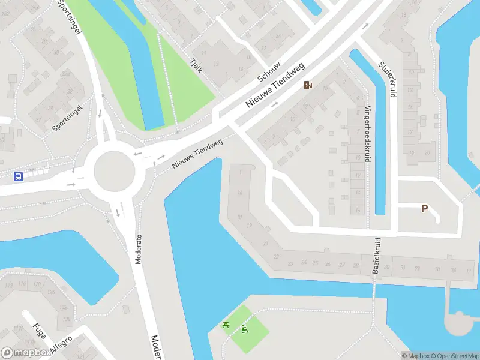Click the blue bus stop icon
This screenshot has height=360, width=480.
coord(19,176)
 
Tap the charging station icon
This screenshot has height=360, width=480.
coord(308,85)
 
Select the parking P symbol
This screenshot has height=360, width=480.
coord(424,209)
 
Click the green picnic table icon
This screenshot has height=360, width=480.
coord(226,325)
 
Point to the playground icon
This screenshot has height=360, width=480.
coord(244,329)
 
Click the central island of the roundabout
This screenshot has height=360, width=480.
coord(115,170)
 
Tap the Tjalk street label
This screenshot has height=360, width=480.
coord(196,65)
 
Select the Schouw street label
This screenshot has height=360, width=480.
coord(269,70)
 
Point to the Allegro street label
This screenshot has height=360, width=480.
coord(61,346)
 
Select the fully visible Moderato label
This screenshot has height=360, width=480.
coord(139,250)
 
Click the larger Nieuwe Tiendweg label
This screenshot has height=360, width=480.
coord(275,86)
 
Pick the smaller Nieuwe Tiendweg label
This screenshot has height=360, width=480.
coord(197,154)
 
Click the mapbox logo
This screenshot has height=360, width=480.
coord(26,353)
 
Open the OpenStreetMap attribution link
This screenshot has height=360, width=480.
coord(455,356)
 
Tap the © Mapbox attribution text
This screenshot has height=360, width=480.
coord(416,356)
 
